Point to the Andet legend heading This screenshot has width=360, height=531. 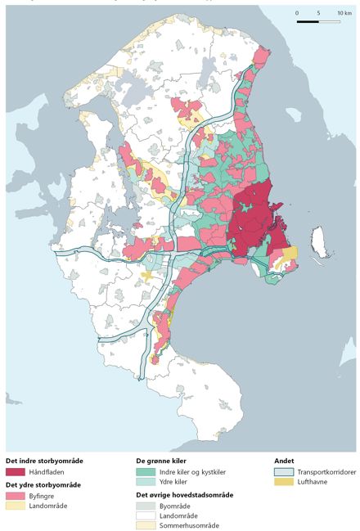tap(284, 461)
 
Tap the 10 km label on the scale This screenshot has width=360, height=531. tap(344, 14)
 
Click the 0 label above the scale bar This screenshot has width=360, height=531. tap(297, 14)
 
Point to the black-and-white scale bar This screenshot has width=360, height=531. tap(319, 21)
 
